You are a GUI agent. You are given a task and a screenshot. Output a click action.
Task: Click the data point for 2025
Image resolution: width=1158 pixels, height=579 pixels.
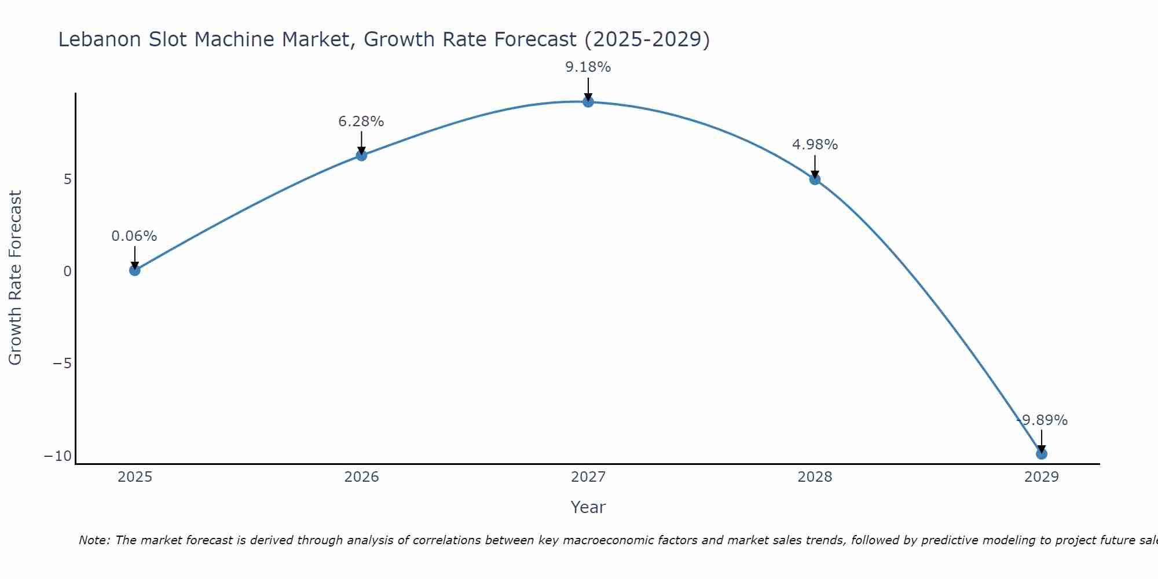(135, 270)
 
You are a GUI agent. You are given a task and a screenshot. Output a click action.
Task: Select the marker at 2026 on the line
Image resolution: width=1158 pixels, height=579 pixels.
(361, 155)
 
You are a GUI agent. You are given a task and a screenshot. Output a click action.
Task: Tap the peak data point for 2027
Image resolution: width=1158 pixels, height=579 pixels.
(588, 102)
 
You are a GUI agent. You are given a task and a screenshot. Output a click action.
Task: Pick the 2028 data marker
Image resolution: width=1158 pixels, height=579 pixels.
(815, 179)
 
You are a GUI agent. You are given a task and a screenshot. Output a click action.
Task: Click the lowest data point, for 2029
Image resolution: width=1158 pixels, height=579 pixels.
(1042, 454)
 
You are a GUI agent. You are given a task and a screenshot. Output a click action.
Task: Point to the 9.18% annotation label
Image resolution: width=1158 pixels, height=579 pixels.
(588, 67)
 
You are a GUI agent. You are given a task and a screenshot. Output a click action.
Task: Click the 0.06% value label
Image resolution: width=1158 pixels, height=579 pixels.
(134, 236)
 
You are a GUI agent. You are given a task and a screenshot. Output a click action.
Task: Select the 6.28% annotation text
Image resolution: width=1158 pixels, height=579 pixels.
(361, 122)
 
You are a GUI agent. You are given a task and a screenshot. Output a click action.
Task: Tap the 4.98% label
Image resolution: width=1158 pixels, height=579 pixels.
(815, 145)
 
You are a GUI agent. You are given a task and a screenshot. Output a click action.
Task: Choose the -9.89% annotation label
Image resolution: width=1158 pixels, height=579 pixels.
(1042, 420)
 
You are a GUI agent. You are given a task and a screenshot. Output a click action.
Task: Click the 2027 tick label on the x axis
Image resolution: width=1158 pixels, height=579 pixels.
(588, 477)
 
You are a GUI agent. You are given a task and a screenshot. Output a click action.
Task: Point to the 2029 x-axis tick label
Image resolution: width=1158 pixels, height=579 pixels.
(1042, 477)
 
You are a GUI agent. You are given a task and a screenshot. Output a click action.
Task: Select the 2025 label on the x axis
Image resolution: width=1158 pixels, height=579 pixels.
(135, 477)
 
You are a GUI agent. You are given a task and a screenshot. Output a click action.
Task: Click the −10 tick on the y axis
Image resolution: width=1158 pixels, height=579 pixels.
(58, 456)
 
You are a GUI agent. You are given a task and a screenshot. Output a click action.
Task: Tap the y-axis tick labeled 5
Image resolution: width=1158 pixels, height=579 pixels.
(68, 179)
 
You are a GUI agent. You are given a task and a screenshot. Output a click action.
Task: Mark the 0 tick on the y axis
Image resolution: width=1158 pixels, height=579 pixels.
(68, 271)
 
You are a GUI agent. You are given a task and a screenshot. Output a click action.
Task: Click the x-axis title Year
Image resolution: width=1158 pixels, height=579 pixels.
(588, 507)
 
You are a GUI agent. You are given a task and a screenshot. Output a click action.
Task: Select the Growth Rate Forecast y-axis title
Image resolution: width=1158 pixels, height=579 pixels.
(15, 278)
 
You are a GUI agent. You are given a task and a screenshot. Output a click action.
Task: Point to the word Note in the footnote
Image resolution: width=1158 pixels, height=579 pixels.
(94, 540)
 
